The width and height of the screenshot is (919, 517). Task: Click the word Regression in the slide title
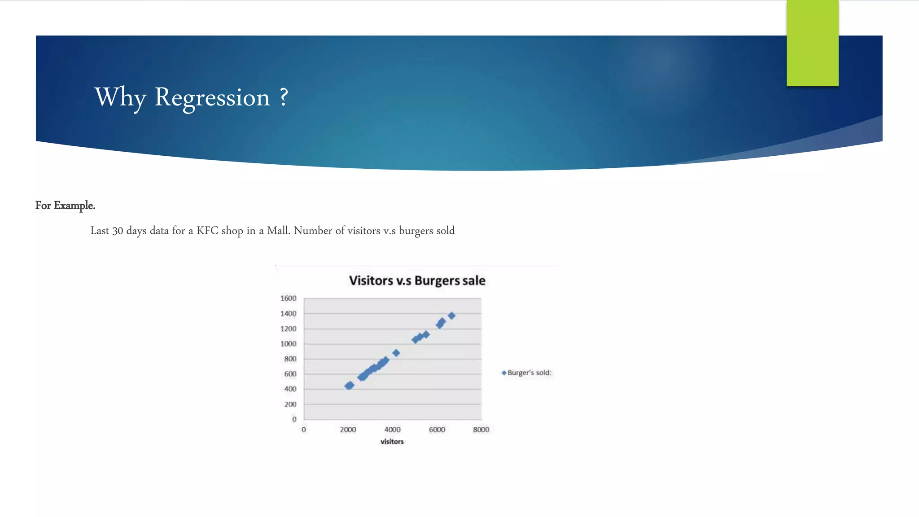212,97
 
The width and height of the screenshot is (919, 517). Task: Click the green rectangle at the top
812,43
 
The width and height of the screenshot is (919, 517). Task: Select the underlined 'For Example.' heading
65,206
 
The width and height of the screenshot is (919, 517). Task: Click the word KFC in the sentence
207,231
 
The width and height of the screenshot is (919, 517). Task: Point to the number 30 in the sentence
118,231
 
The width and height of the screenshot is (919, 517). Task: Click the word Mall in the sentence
278,231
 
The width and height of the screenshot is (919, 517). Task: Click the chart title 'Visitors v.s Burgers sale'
417,280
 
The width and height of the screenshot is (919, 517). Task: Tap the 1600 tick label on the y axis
288,298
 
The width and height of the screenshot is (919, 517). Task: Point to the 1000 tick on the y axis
288,344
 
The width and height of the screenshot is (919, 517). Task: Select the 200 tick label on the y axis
290,404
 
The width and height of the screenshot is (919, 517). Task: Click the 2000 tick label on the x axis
348,430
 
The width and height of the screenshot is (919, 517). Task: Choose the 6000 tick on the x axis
437,430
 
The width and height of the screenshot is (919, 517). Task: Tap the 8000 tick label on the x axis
481,430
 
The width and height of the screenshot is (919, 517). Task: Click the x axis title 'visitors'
392,442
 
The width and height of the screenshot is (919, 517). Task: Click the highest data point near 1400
451,316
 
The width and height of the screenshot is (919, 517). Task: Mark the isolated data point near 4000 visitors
396,353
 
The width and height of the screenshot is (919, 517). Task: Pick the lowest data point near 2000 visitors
349,386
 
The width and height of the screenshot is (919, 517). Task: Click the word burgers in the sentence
416,231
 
